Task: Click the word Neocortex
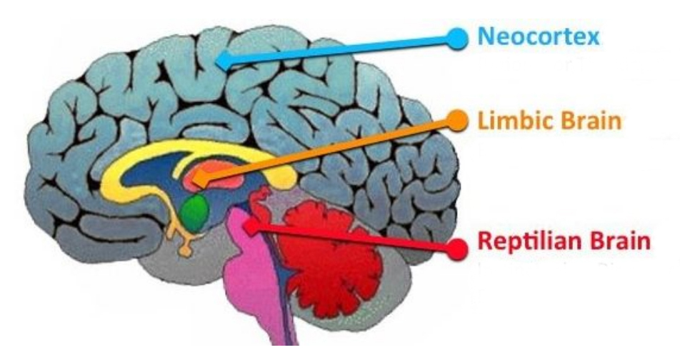(x=538, y=36)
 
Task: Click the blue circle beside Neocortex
(x=457, y=39)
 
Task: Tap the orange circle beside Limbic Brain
(x=456, y=120)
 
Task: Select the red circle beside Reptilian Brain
(x=456, y=249)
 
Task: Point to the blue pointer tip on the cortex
(x=222, y=61)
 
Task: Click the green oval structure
(x=195, y=212)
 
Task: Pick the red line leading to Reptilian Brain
(x=354, y=238)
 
